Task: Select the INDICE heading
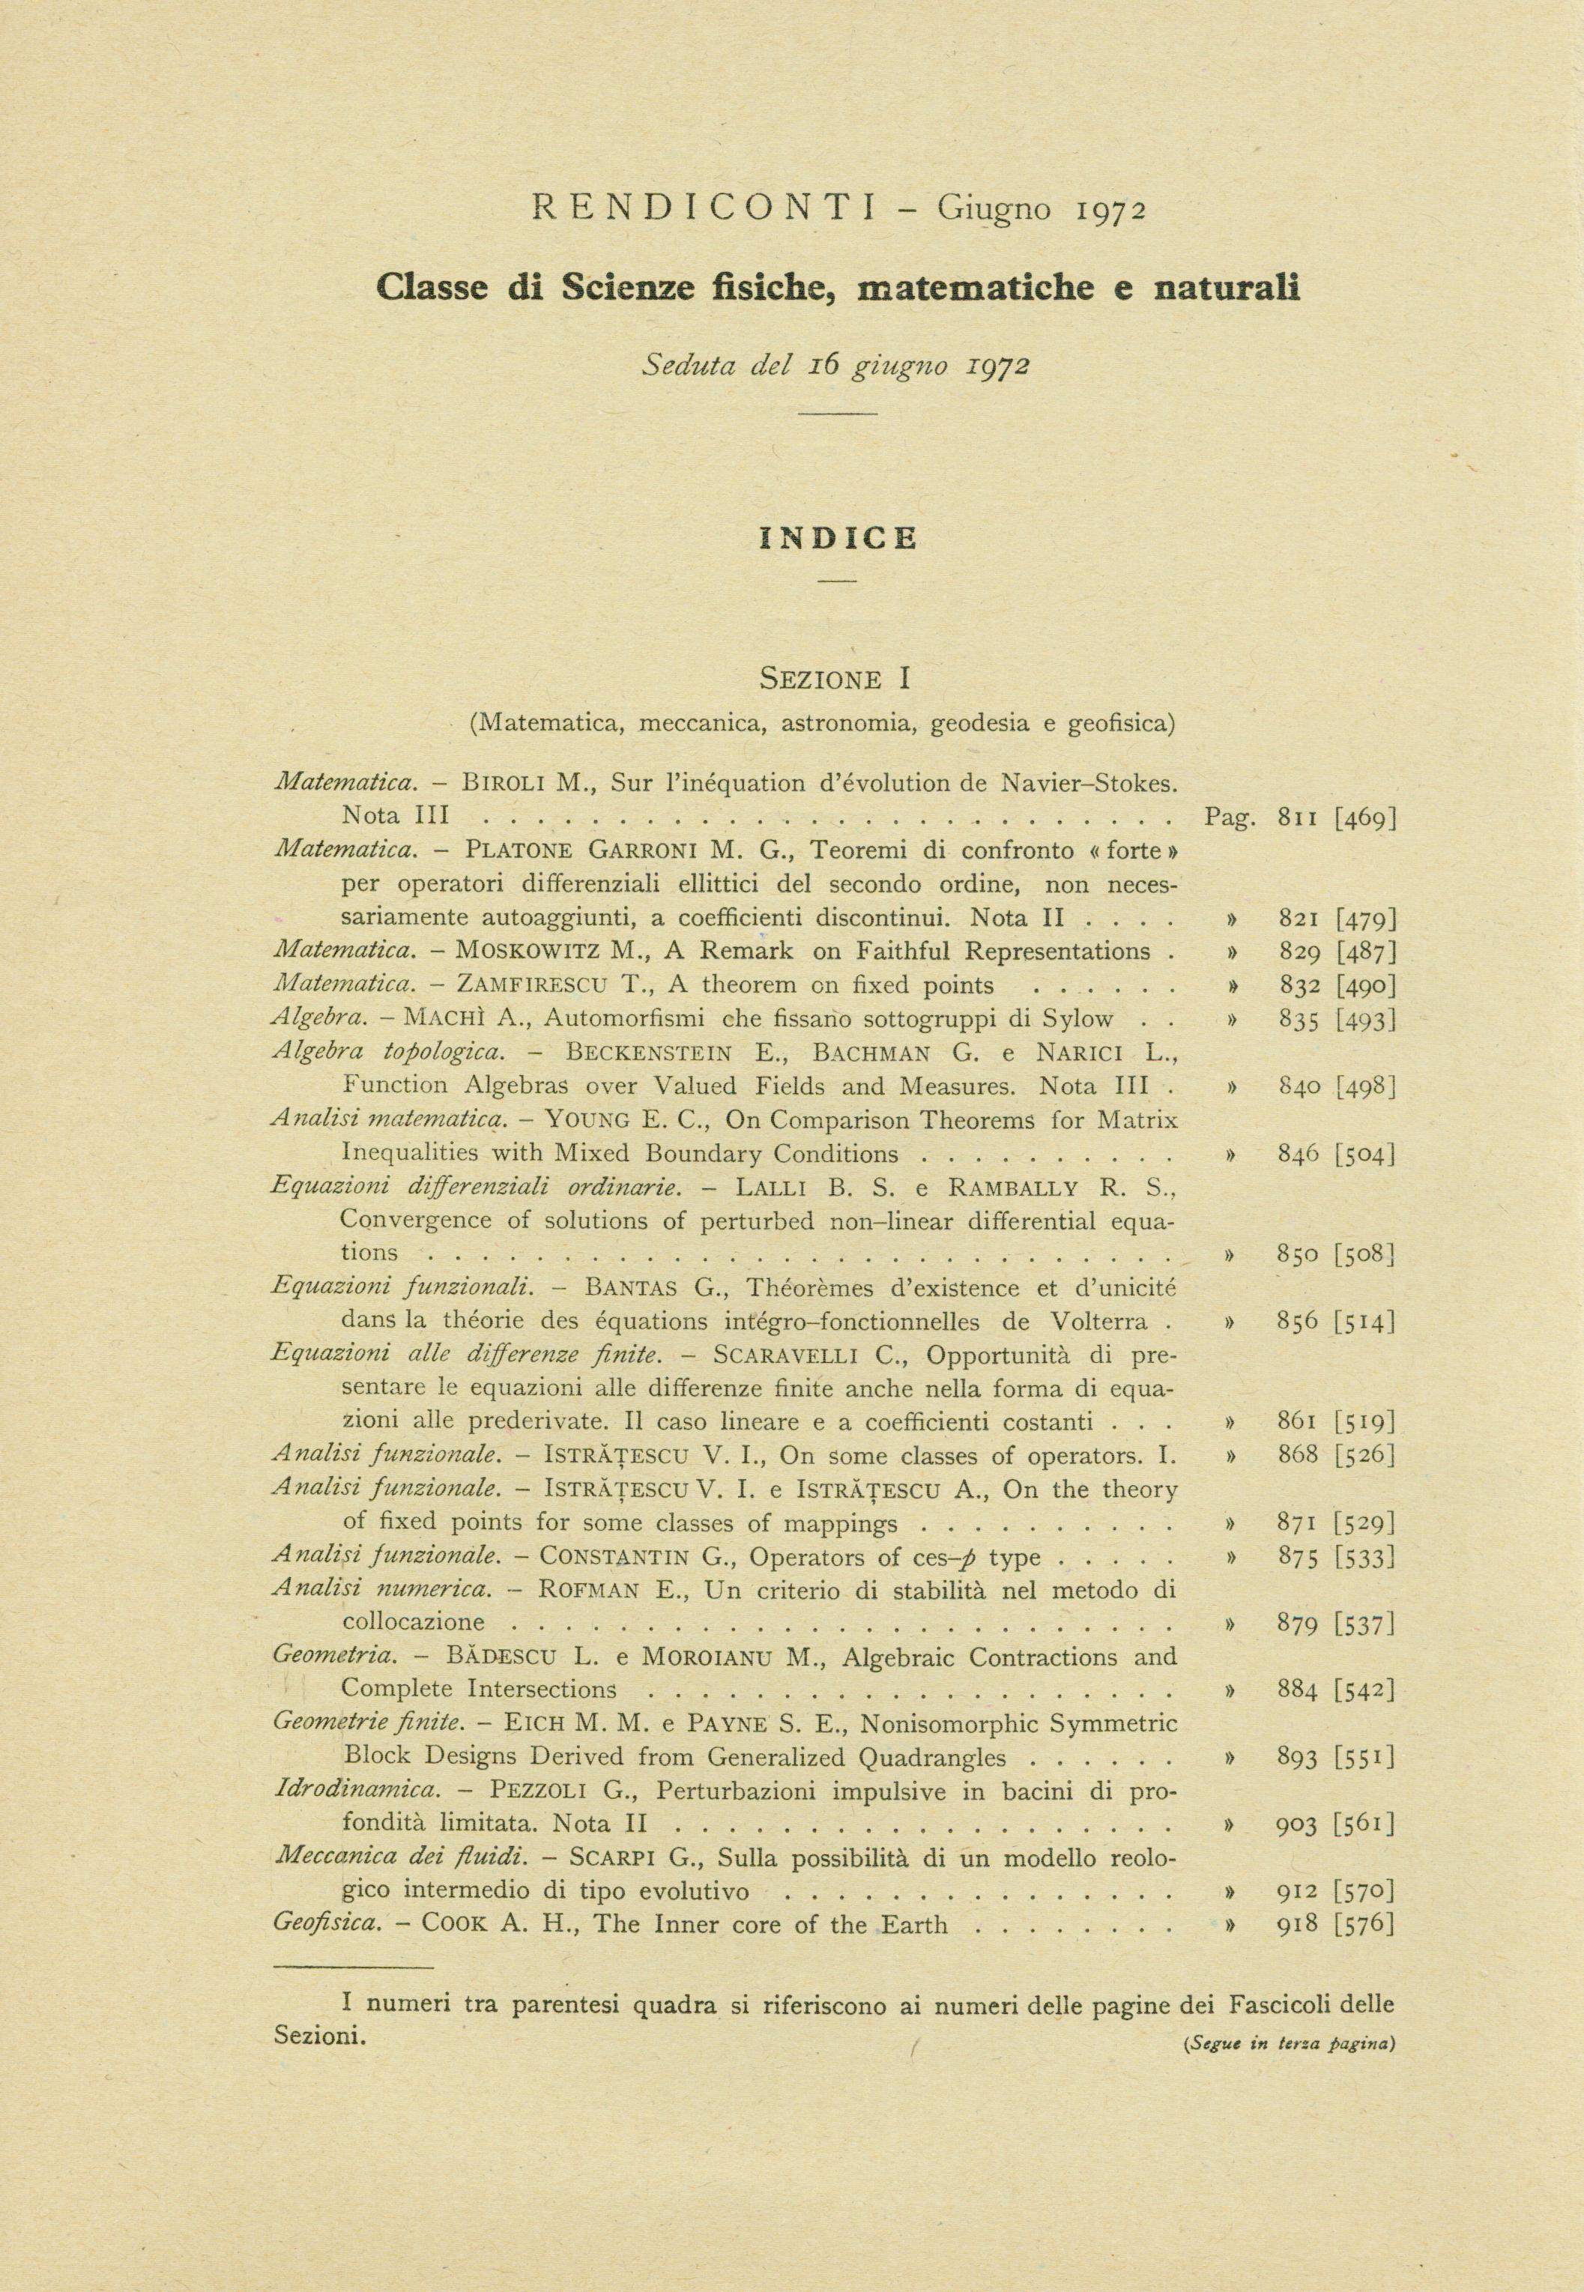[838, 538]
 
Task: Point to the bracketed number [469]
[1367, 817]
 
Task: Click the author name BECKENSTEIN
[648, 1052]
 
